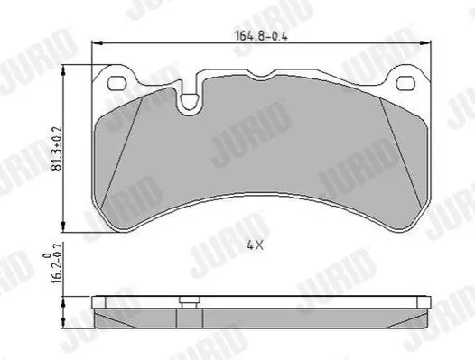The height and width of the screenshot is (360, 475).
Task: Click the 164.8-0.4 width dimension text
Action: click(x=261, y=36)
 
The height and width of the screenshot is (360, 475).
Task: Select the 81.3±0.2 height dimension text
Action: click(x=58, y=148)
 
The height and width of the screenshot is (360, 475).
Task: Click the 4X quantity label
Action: click(x=255, y=245)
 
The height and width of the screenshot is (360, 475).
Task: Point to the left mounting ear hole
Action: click(x=116, y=83)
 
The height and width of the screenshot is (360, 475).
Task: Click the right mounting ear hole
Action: click(x=405, y=83)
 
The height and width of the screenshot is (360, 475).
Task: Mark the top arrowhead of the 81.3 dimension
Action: click(x=63, y=71)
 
